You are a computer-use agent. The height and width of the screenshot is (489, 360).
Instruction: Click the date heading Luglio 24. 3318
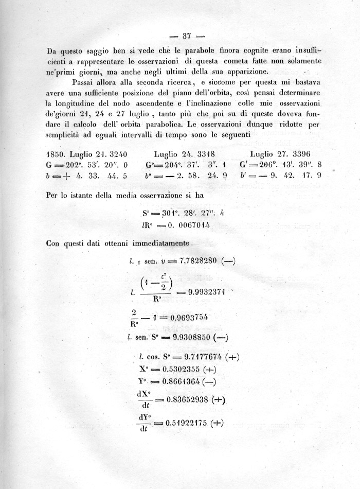(x=184, y=153)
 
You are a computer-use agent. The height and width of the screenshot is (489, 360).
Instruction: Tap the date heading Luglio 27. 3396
(x=282, y=153)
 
